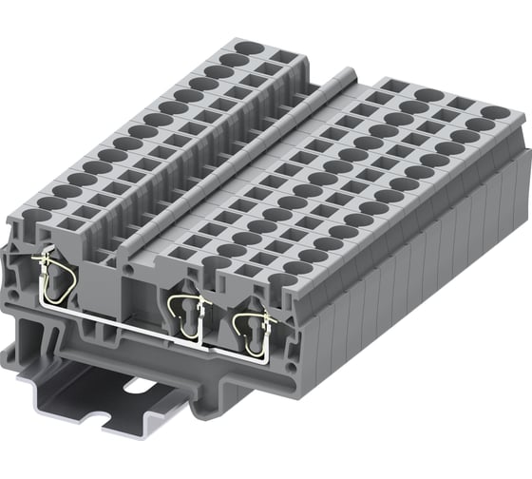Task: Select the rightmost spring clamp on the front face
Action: (250, 324)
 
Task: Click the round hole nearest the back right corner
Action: (494, 113)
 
